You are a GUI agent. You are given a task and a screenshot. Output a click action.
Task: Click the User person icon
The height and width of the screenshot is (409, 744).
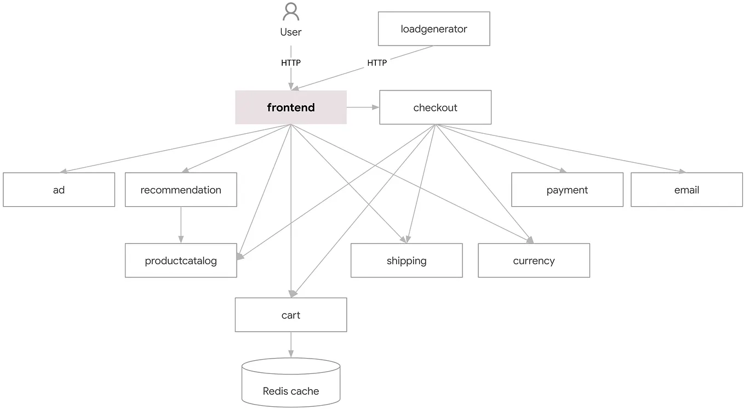[291, 12]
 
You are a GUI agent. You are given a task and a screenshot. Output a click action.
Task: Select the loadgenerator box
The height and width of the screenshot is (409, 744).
[434, 29]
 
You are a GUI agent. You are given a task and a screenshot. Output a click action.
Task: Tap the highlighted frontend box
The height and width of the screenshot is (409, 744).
[291, 107]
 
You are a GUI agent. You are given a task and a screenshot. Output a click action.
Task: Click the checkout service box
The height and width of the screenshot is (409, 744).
[435, 107]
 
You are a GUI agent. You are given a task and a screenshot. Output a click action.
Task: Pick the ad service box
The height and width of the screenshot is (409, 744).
[59, 190]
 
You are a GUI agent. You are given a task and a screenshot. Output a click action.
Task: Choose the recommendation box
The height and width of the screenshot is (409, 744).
[181, 190]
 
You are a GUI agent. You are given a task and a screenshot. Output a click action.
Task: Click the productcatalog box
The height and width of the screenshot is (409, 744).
[181, 260]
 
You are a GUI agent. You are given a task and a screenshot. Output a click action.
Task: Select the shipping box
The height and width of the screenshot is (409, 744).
[407, 260]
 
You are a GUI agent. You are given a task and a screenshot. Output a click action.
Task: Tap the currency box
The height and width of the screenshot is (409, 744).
[534, 260]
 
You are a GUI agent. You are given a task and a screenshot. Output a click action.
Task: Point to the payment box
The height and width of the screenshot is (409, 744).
[567, 190]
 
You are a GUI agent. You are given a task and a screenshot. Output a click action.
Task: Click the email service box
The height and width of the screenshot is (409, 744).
[686, 190]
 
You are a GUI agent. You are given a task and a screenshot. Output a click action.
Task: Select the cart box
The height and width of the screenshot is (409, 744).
[291, 315]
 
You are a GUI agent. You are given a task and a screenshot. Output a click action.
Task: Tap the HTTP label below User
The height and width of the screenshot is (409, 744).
[291, 63]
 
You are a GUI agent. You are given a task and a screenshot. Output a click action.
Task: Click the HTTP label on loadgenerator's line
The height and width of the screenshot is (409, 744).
[377, 63]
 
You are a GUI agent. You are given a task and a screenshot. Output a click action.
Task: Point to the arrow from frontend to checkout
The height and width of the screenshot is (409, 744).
[363, 107]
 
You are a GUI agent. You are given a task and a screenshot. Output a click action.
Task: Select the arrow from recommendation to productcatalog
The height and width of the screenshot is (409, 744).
[181, 225]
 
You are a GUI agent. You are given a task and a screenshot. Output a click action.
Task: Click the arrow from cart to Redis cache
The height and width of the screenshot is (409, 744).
[291, 345]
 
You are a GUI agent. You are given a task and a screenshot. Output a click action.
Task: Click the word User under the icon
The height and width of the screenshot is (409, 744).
[291, 32]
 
